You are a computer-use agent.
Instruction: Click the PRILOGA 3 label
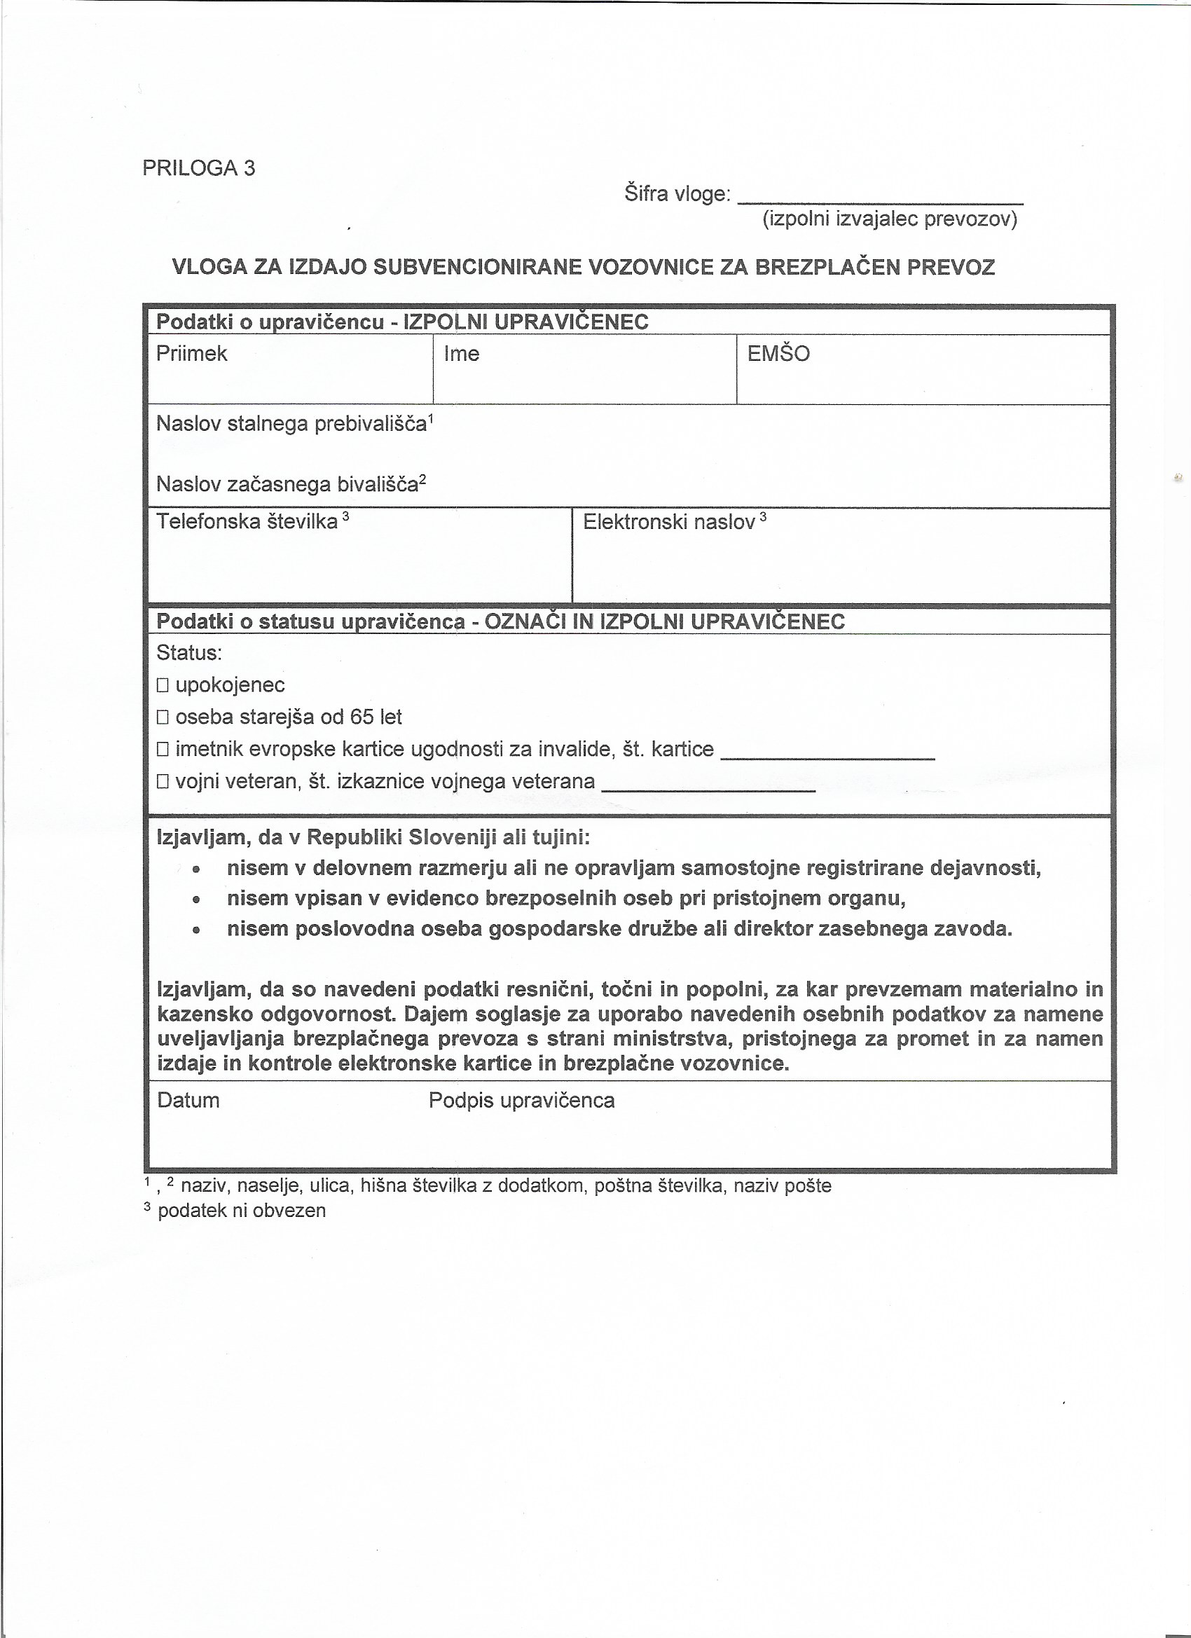point(199,168)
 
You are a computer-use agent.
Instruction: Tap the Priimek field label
point(191,353)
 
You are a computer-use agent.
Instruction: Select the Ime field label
point(462,353)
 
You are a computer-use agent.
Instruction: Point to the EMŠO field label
point(778,353)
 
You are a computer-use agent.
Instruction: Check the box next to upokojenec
point(163,685)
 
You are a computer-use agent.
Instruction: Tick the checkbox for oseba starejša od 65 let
point(163,717)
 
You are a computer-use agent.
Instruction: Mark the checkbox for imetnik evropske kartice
point(163,750)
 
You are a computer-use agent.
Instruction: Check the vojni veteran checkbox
point(163,781)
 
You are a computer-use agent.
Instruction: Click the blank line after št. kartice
point(827,755)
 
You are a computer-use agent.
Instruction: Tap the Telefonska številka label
point(247,521)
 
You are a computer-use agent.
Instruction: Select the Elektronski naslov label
point(669,521)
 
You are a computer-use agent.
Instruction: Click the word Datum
point(188,1101)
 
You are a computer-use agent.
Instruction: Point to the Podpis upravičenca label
point(521,1101)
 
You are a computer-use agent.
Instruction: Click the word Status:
point(189,653)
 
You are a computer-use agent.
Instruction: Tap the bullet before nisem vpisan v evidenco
point(195,900)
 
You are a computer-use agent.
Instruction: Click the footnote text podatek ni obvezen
point(241,1211)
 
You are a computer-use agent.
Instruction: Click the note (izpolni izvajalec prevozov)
point(890,219)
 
